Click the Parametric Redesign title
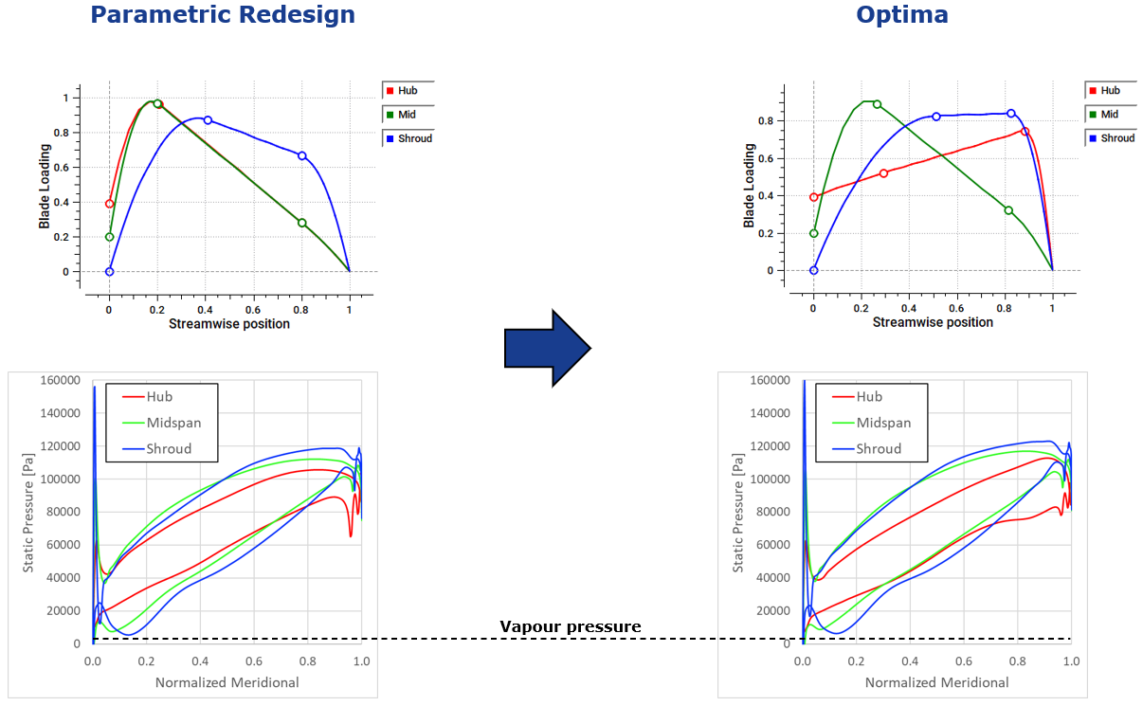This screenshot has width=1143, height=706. (x=223, y=15)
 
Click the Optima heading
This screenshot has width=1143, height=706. (x=901, y=15)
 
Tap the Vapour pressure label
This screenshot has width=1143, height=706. (x=570, y=626)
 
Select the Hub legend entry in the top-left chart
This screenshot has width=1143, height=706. (x=408, y=91)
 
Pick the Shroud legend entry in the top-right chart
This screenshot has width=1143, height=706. (x=1111, y=138)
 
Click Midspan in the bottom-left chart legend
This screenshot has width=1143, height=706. (x=173, y=423)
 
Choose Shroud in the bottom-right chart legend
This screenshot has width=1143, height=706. (x=879, y=449)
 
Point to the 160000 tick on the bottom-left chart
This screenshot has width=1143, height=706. (x=59, y=380)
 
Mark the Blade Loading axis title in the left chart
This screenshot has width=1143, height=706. (x=45, y=186)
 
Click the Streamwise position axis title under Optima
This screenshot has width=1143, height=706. (x=933, y=322)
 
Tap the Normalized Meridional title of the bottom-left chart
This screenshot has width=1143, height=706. (x=227, y=682)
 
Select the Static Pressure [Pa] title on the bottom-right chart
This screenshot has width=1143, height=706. (x=738, y=512)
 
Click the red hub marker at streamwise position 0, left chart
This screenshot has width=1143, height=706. (x=109, y=204)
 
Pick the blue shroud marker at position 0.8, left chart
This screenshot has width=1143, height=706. (x=301, y=155)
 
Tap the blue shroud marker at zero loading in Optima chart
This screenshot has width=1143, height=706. (x=813, y=270)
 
